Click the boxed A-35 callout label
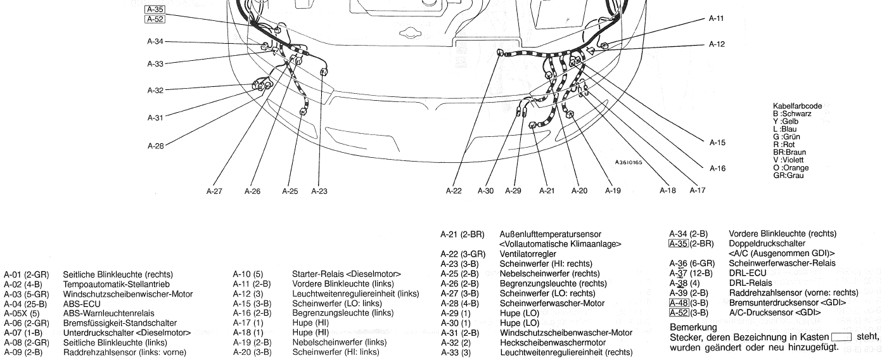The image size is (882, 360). [x=155, y=10]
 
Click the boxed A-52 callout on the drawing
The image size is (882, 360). [x=155, y=20]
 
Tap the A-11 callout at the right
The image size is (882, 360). [x=716, y=19]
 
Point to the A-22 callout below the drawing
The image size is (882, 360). [x=454, y=191]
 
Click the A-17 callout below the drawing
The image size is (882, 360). [x=698, y=191]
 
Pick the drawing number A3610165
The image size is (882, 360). [x=628, y=163]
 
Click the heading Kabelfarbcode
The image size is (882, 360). [x=798, y=106]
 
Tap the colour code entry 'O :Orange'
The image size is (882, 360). [x=790, y=168]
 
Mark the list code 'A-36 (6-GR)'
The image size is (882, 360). [x=692, y=263]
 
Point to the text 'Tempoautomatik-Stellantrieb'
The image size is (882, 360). [x=116, y=284]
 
